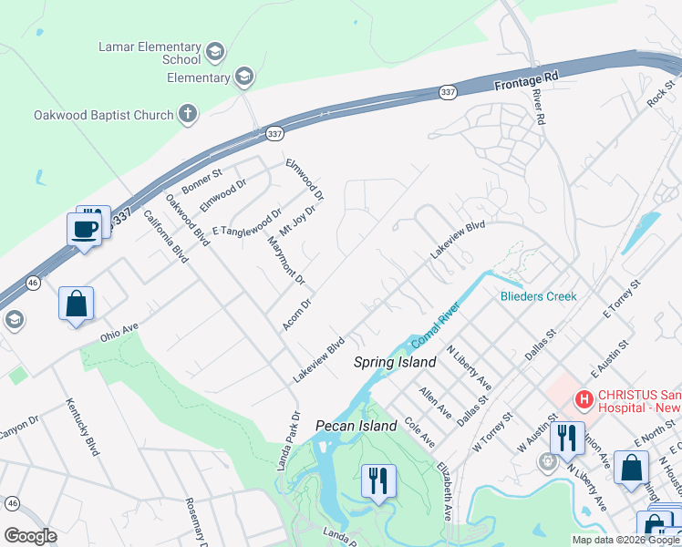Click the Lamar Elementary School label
click(150, 53)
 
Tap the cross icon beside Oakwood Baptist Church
click(187, 115)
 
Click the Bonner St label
click(201, 181)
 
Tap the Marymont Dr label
click(285, 258)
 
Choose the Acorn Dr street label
click(297, 315)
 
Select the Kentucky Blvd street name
click(82, 427)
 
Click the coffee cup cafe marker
click(85, 229)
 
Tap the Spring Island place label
click(395, 362)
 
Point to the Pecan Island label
click(356, 426)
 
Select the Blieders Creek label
click(539, 296)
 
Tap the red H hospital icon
click(583, 398)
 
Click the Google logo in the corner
click(30, 536)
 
